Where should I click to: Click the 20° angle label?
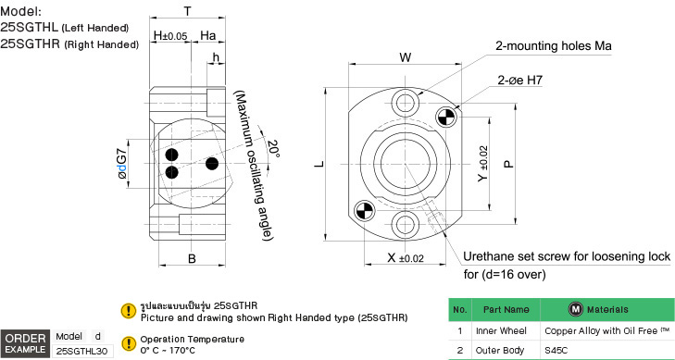tap(273, 149)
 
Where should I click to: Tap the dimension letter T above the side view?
tap(188, 11)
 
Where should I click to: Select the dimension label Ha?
tap(208, 36)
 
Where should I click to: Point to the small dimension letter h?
tap(216, 56)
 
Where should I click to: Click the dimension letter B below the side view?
tap(192, 258)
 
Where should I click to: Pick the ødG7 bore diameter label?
tap(123, 164)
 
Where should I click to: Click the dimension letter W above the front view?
tap(405, 57)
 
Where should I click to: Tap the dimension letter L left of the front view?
tap(319, 165)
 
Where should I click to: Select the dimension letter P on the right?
tap(509, 164)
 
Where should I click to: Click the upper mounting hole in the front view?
tap(405, 103)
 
